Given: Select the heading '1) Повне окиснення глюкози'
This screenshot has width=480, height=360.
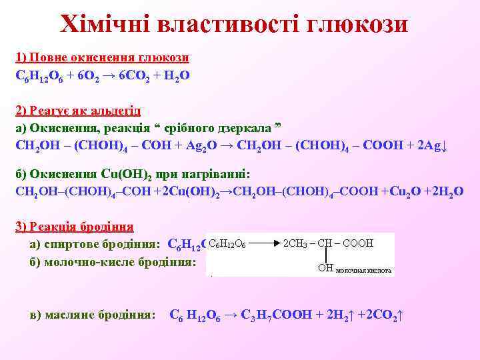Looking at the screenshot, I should [x=102, y=57].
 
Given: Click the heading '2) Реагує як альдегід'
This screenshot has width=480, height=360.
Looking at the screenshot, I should [x=77, y=109].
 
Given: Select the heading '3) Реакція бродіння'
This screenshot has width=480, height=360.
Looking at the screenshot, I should [x=74, y=226].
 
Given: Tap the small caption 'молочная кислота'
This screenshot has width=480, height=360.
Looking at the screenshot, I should [x=364, y=271].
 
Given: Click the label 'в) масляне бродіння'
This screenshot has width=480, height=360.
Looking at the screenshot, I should [x=93, y=314].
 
